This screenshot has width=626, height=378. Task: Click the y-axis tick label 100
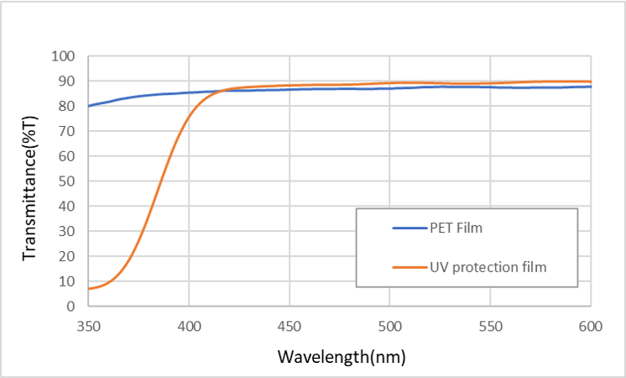65,56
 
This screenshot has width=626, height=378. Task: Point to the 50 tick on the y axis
68,181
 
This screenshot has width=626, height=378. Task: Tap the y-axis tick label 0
71,306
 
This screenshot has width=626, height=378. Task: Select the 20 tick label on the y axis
68,256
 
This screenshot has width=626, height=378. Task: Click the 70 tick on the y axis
68,131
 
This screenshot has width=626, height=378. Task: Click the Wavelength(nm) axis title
342,357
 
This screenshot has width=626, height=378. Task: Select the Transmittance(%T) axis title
30,181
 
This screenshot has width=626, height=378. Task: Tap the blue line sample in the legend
409,228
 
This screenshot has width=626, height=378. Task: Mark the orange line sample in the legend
409,267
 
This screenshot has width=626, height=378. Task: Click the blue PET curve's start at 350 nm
89,106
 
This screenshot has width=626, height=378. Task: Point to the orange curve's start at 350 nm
89,288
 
